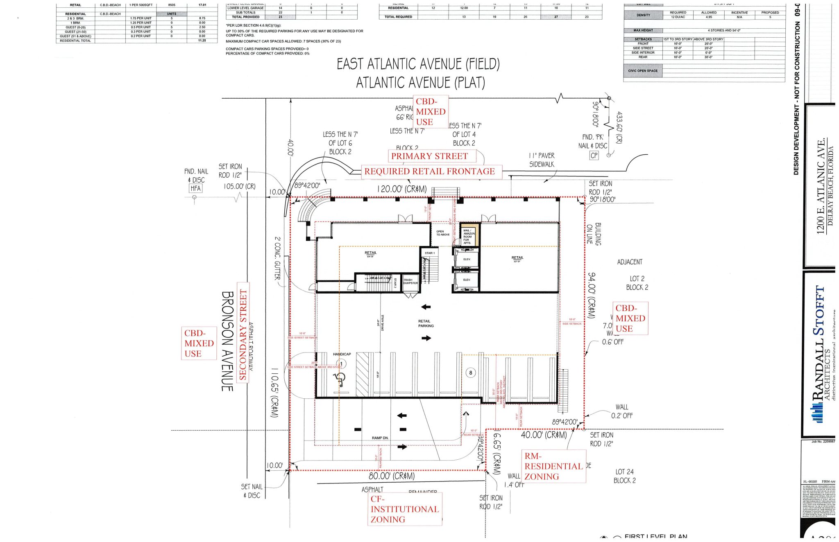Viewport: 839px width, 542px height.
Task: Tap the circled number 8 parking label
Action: tap(471, 373)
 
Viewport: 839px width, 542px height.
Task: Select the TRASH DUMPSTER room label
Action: tap(410, 282)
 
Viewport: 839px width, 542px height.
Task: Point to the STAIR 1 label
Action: tap(429, 253)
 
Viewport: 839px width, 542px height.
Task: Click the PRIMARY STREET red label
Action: tap(429, 156)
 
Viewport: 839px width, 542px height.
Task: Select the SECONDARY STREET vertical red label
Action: tap(243, 334)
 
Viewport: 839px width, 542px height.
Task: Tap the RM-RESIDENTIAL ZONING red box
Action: tap(553, 466)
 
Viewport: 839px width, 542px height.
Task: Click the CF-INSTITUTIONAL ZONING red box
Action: tap(405, 509)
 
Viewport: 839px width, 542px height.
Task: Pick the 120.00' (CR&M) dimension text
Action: tap(401, 189)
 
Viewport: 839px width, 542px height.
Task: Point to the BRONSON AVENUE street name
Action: tap(227, 341)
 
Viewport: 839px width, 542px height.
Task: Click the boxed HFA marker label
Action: tap(195, 188)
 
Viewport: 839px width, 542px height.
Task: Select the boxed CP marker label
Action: tap(594, 156)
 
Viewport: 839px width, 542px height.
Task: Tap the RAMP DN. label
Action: tap(380, 438)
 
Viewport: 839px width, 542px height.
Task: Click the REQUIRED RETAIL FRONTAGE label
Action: tap(429, 172)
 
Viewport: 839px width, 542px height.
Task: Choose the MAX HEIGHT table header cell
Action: tap(643, 30)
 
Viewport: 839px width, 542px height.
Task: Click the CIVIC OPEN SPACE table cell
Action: tap(643, 71)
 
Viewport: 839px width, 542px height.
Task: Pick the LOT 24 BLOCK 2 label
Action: tap(625, 476)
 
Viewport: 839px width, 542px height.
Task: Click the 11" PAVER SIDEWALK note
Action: tap(542, 160)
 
